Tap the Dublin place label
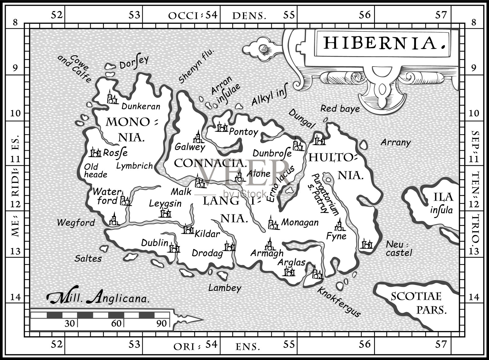click(155, 243)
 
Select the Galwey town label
click(190, 147)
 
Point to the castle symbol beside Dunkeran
click(112, 97)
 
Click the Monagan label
click(300, 223)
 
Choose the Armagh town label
click(267, 253)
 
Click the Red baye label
click(340, 108)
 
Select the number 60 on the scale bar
click(116, 323)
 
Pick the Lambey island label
click(225, 288)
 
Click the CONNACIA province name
click(210, 163)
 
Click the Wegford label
click(76, 223)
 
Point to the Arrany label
click(395, 142)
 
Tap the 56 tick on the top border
click(365, 14)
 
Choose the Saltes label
click(88, 259)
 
